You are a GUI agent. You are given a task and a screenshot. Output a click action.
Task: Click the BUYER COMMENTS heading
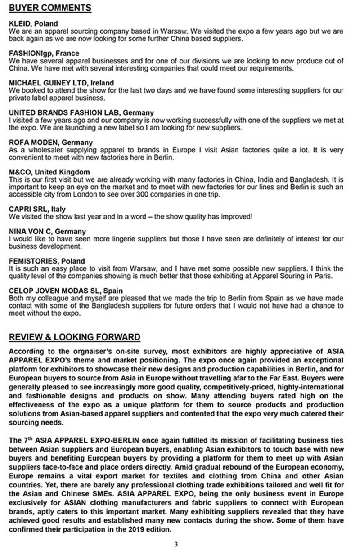(x=50, y=8)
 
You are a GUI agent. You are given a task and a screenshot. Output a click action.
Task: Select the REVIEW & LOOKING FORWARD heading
(x=75, y=337)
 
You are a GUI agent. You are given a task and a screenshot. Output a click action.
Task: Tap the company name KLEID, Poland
(x=33, y=24)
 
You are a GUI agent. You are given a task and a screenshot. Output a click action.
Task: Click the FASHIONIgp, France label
(x=44, y=54)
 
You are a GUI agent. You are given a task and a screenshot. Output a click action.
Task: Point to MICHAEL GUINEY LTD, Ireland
(x=61, y=83)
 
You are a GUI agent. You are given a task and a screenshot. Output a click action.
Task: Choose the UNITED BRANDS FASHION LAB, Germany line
(x=81, y=112)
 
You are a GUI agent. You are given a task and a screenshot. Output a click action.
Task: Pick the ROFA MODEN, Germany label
(x=51, y=142)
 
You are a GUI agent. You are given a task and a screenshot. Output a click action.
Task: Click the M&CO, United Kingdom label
(x=49, y=172)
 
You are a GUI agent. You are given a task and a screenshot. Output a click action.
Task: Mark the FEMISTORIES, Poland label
(x=47, y=261)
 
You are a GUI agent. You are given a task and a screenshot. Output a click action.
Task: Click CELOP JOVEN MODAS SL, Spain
(x=66, y=291)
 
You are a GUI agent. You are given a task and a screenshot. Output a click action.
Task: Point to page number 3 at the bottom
(x=176, y=544)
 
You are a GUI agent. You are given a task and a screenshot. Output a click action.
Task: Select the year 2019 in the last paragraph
(x=136, y=529)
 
